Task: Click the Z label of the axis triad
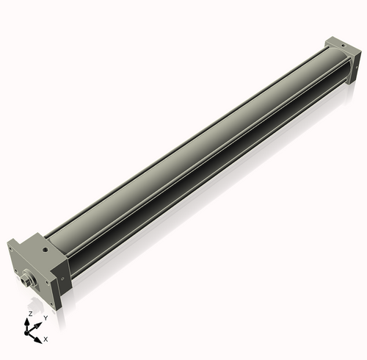(29, 314)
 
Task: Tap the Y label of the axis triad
(46, 317)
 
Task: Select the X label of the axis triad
(46, 339)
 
